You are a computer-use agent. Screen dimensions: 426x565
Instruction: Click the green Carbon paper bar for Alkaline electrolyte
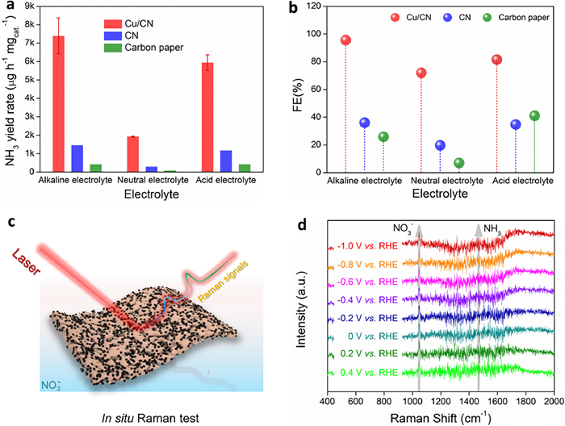click(96, 168)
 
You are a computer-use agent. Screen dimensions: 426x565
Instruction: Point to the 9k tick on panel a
click(31, 6)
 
